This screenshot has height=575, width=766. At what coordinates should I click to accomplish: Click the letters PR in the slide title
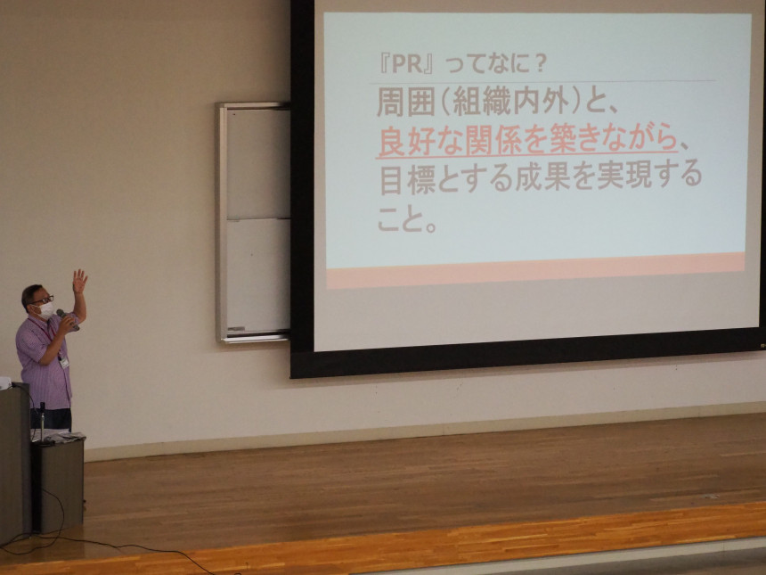[x=407, y=64]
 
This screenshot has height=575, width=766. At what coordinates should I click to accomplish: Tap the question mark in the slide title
[x=540, y=64]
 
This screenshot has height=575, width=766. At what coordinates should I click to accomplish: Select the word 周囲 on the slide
[x=406, y=103]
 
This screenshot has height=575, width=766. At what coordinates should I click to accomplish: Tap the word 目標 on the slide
[x=409, y=178]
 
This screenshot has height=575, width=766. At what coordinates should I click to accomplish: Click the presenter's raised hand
[x=79, y=281]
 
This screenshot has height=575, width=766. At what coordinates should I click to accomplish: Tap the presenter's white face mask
[x=45, y=310]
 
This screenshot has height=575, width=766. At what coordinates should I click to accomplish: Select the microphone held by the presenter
[x=68, y=319]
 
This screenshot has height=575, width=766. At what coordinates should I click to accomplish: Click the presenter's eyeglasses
[x=43, y=300]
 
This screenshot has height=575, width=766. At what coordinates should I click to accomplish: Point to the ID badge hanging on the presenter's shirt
[x=64, y=362]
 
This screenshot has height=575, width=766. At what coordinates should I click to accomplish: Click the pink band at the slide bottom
[x=536, y=270]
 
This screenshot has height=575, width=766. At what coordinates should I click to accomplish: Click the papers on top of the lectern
[x=58, y=436]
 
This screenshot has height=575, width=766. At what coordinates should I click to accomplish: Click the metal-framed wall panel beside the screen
[x=253, y=223]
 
